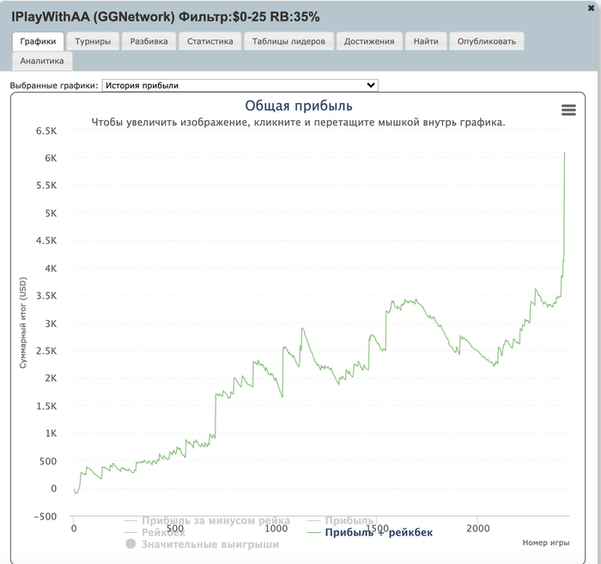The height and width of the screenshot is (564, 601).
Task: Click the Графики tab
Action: coord(39,41)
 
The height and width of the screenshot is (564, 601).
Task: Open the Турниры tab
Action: coord(92,41)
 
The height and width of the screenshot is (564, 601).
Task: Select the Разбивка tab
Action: coord(149,41)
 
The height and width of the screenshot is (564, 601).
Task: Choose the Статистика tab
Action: coord(209,41)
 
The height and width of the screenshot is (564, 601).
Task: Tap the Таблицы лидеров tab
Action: coord(288,41)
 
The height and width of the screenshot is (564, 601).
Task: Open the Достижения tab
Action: coord(369,41)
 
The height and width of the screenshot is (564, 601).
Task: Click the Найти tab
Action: coord(426,41)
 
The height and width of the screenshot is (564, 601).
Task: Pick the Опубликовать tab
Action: coord(487,41)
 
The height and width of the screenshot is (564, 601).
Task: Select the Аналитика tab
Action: coord(42,61)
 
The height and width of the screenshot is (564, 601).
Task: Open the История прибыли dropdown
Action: coord(240,86)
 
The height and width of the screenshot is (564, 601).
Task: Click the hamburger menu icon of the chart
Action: coord(568,110)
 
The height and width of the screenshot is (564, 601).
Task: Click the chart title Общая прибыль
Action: coord(299,106)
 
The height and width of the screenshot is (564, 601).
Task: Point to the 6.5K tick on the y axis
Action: coord(45,130)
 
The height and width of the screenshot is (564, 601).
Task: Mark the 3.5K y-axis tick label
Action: coord(45,296)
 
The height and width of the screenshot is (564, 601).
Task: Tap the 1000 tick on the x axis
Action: coord(276,529)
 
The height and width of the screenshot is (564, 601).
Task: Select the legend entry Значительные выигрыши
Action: coord(209,543)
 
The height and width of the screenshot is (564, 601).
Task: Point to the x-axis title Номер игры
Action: coord(545,543)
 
